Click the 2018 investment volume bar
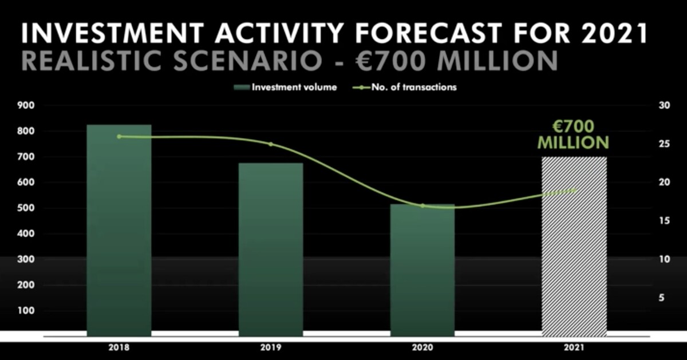point(119,230)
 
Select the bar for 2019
point(271,250)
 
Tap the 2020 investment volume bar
point(423,270)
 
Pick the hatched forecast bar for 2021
point(574,247)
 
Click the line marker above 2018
point(119,136)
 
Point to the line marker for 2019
point(270,144)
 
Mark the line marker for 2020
point(423,205)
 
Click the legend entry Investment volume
point(285,88)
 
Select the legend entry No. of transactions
point(405,88)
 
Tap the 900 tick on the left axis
point(26,105)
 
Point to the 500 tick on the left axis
point(26,208)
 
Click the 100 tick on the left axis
point(26,311)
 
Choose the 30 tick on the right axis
point(664,105)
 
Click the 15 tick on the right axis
point(664,221)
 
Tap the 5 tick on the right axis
point(662,298)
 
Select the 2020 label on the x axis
point(423,347)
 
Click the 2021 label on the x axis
point(574,347)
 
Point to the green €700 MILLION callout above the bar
point(573,134)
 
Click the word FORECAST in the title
point(428,32)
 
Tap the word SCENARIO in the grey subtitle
point(248,61)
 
